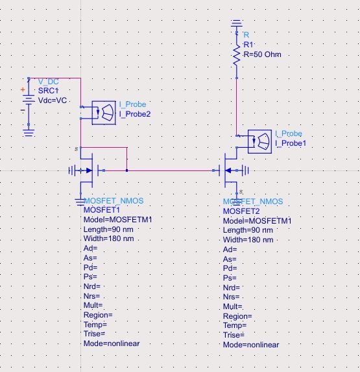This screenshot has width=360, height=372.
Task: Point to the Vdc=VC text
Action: tap(53, 100)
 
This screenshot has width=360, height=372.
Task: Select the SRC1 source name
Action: tap(48, 91)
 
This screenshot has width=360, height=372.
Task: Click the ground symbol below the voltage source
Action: tap(29, 132)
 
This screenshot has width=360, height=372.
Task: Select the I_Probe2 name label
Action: tap(134, 113)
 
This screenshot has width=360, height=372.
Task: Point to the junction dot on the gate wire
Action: tap(127, 171)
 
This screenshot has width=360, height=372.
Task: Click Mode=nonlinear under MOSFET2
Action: tap(251, 345)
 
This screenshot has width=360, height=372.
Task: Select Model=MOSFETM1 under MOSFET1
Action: tap(117, 220)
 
